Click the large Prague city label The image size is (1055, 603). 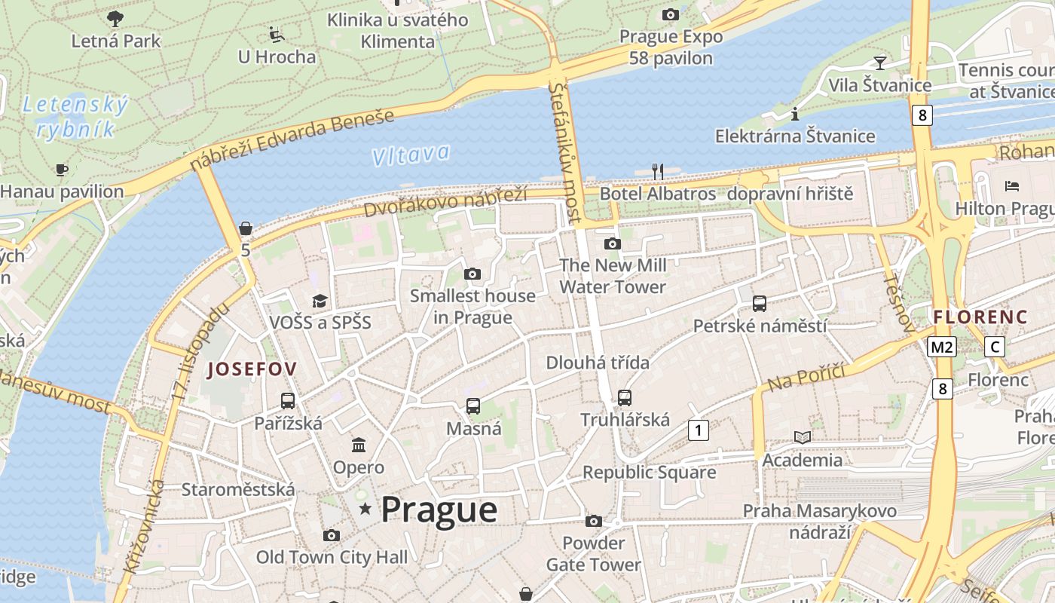click(x=439, y=510)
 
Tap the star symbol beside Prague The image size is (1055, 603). click(x=365, y=510)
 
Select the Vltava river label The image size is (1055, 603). click(x=411, y=155)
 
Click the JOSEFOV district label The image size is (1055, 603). click(x=252, y=369)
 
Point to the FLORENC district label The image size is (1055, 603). click(x=980, y=317)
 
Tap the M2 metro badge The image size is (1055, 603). click(x=941, y=347)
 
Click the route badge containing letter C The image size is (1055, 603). click(x=995, y=347)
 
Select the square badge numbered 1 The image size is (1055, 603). click(x=699, y=430)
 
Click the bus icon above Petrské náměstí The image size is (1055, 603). click(x=760, y=304)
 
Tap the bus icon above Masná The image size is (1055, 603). click(x=473, y=406)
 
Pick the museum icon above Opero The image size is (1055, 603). click(x=359, y=445)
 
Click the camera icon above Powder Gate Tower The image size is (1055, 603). click(x=594, y=521)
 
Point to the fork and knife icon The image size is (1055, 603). click(x=658, y=172)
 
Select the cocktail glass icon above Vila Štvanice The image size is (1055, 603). click(x=879, y=63)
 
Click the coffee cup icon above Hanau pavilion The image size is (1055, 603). click(x=62, y=170)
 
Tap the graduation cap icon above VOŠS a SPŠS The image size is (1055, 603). click(x=320, y=301)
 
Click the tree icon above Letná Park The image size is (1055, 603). click(x=115, y=18)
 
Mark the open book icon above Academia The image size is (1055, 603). click(x=803, y=437)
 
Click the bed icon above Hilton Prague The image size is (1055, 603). click(x=1012, y=185)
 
